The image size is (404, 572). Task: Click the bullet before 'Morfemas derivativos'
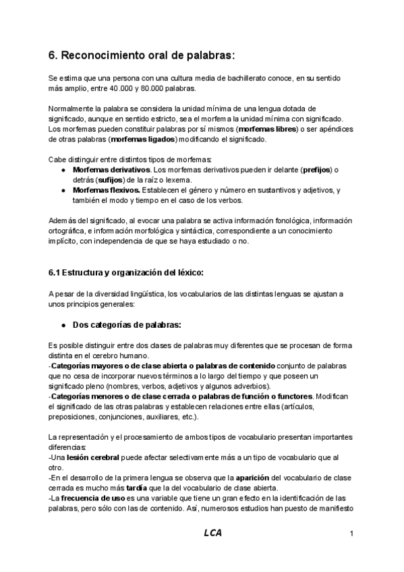point(62,169)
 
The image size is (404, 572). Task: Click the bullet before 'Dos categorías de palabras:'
point(62,324)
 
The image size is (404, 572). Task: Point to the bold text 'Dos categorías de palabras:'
point(127,324)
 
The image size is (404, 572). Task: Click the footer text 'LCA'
point(213,533)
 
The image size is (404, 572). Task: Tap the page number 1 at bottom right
point(352,534)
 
